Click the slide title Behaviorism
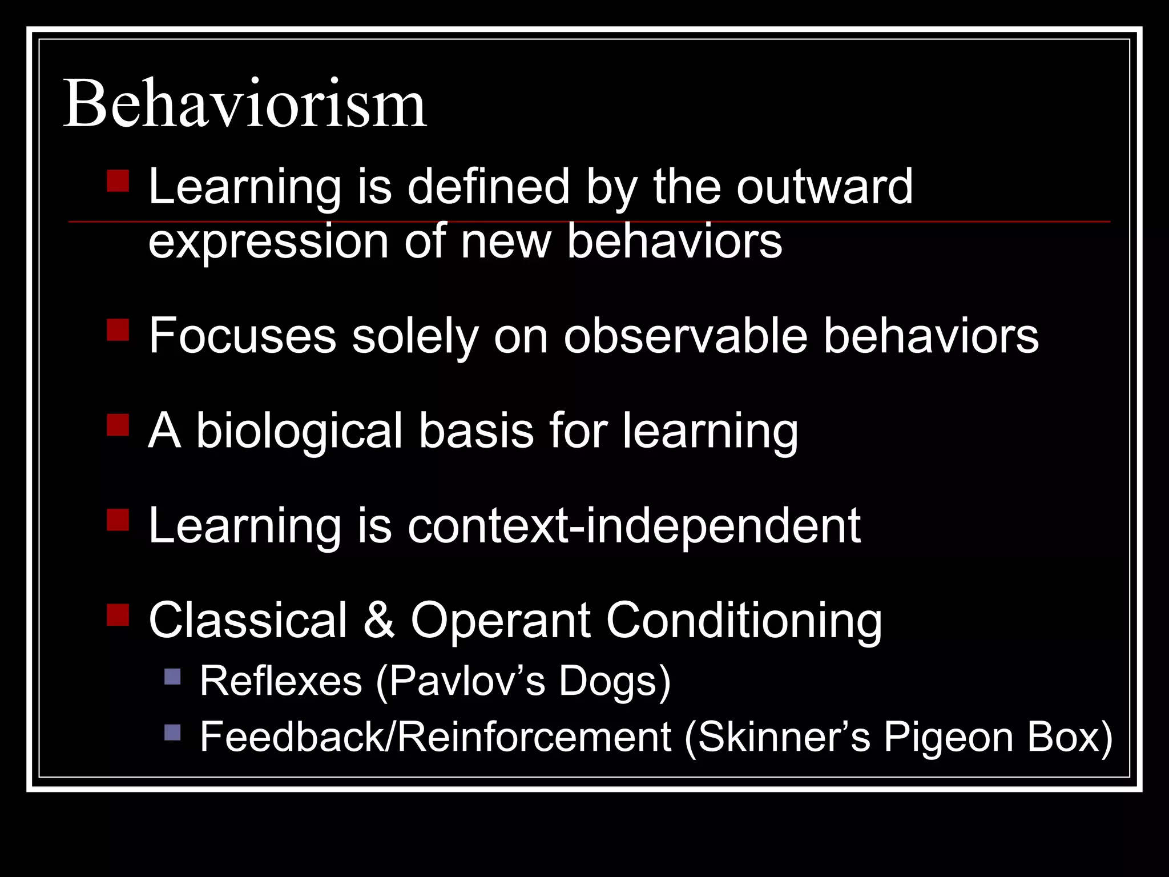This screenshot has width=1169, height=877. (x=244, y=104)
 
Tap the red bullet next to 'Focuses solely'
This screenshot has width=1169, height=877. (x=118, y=329)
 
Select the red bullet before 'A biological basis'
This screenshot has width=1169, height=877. (x=118, y=425)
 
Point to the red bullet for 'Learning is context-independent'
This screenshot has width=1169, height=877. (x=118, y=520)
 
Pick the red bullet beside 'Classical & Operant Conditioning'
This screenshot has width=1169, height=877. (x=118, y=615)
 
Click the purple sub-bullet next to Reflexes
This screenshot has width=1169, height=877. (x=172, y=677)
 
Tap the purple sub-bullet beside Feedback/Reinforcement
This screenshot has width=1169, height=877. (x=172, y=732)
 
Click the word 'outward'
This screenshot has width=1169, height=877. (x=824, y=187)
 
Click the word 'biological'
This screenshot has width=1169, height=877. (x=300, y=431)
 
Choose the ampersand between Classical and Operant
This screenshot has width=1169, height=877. (x=378, y=621)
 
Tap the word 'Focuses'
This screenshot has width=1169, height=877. (x=243, y=336)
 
